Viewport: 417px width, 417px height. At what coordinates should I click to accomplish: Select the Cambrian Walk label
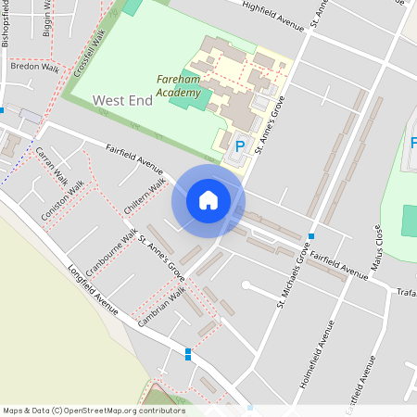click(x=162, y=303)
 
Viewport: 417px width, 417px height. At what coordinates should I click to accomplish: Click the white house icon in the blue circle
click(x=208, y=200)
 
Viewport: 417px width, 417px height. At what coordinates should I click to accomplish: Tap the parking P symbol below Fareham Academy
click(x=240, y=145)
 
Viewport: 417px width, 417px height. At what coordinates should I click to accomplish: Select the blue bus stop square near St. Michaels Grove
click(x=311, y=236)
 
